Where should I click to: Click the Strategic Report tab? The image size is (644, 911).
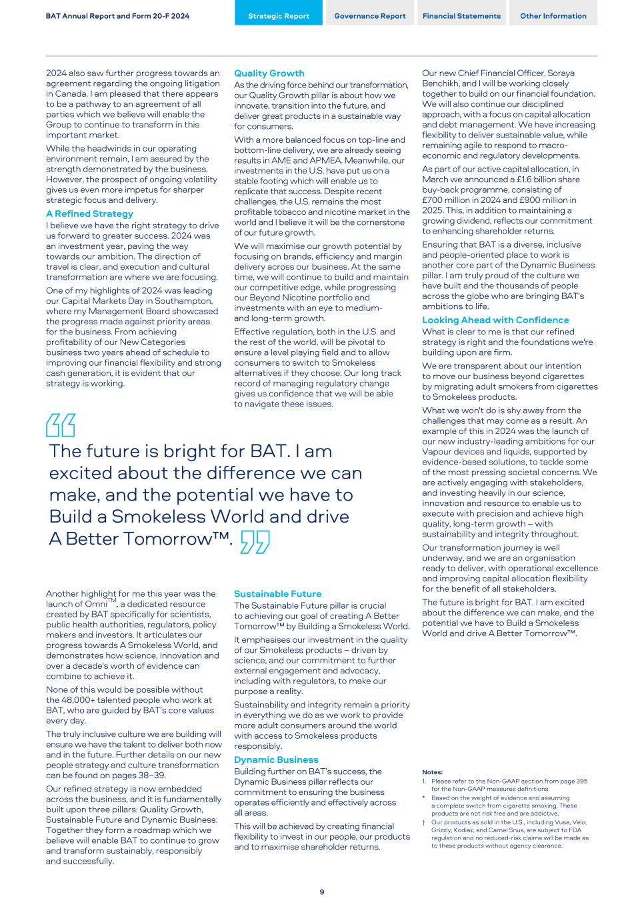click(279, 16)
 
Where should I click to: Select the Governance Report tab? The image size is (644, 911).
click(369, 16)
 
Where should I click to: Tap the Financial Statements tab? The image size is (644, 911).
click(461, 16)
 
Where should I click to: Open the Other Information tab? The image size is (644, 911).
click(553, 16)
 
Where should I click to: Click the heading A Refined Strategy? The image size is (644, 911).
click(89, 214)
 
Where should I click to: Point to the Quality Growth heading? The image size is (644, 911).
click(269, 73)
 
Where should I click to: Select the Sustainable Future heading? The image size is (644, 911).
click(277, 594)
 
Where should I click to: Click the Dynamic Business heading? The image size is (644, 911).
click(276, 760)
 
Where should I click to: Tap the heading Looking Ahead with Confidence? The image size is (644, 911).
click(495, 320)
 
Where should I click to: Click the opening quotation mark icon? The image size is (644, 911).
click(61, 425)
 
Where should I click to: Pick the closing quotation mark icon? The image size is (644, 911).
click(255, 542)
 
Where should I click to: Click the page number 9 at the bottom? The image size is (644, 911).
click(322, 892)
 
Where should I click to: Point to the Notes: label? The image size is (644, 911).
click(432, 772)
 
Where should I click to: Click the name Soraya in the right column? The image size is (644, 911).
click(559, 73)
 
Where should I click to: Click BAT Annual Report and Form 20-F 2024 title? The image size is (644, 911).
click(117, 16)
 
